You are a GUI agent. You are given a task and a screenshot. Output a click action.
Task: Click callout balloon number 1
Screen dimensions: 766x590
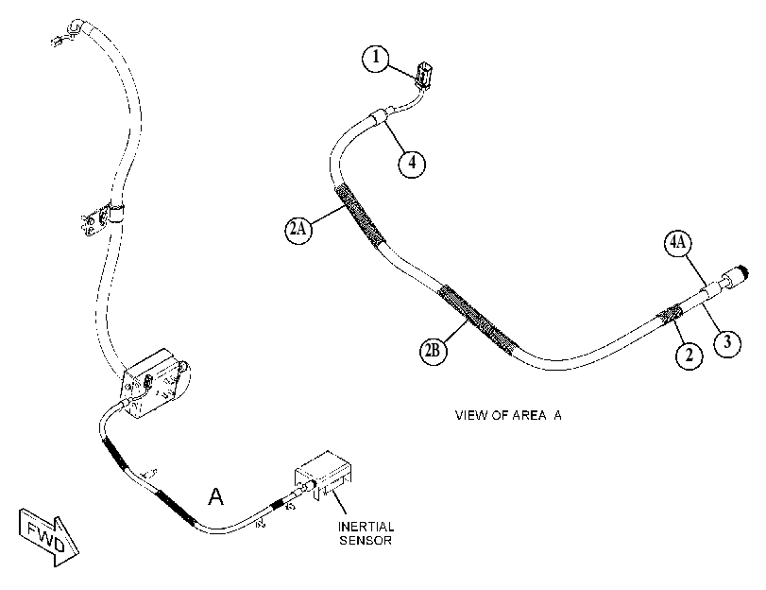point(376,59)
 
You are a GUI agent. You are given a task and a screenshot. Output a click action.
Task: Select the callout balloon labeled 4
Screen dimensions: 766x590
point(412,163)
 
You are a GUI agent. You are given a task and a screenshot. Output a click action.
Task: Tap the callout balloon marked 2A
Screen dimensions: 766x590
point(298,229)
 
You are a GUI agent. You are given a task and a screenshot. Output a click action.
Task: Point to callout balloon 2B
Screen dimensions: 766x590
point(434,351)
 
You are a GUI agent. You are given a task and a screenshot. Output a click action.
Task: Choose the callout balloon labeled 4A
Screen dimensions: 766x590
point(677,243)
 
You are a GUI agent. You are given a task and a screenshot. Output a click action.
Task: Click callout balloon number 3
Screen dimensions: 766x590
point(727,342)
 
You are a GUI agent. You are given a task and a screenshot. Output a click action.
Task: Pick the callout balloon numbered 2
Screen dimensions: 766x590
point(689,355)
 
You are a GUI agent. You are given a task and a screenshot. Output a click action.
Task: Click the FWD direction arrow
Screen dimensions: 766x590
point(48,537)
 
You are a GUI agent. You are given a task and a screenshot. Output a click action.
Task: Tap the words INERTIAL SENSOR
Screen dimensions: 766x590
point(366,533)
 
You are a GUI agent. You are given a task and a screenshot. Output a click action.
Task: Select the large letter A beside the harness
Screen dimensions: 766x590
point(215,496)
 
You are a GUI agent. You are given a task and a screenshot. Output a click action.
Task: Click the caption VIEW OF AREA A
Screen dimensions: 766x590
point(508,415)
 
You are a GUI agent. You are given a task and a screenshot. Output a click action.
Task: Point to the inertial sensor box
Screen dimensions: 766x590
point(323,475)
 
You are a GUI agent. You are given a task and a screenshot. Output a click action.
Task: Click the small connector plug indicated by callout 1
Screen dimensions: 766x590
point(422,74)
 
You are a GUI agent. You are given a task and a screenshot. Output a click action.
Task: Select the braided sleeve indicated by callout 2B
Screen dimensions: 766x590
point(476,321)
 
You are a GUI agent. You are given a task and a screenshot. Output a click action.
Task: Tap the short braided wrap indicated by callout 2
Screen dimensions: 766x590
point(670,314)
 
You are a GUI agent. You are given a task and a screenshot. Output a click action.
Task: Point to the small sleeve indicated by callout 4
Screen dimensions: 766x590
point(379,117)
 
